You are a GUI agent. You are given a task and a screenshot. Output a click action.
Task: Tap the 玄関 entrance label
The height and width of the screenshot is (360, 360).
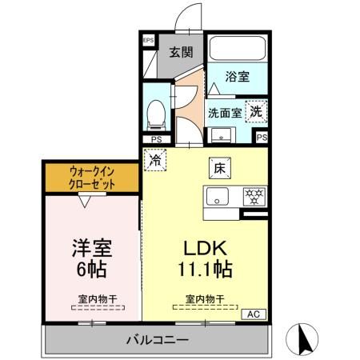pos(181,53)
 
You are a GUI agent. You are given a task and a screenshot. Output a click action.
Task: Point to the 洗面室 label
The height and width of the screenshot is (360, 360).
pos(224,113)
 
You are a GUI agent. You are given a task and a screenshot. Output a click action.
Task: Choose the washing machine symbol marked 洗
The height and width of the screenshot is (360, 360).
pos(255,111)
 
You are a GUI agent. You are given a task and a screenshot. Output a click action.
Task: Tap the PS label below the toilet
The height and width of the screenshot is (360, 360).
pos(157,139)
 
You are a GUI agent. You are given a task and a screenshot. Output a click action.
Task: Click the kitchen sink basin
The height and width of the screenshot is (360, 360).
pos(219,197)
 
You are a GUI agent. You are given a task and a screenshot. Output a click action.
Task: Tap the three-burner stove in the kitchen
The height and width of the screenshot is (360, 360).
pos(254,196)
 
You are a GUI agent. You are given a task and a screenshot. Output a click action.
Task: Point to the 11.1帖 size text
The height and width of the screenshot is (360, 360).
pos(206,269)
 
